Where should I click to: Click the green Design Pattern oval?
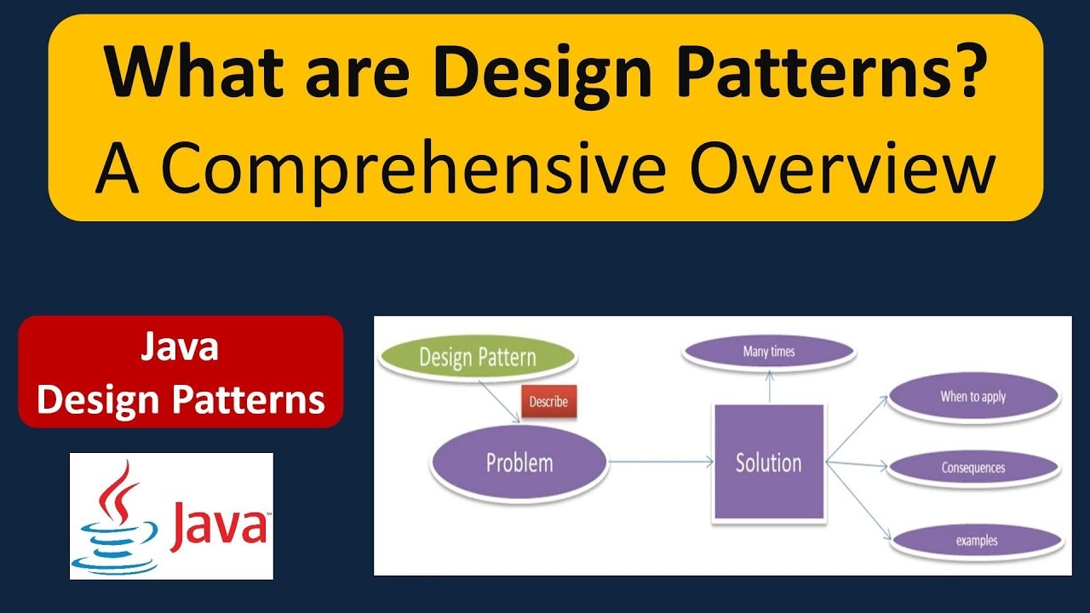coord(477,358)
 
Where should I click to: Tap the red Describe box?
coord(548,401)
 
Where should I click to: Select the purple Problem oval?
coord(519,462)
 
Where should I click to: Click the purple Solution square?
coord(768,462)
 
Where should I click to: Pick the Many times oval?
coord(769,352)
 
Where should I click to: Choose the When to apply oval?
coord(973,397)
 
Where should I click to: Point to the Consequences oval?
coord(973,467)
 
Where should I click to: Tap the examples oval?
coord(976,541)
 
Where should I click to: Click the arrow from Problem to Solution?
coord(660,462)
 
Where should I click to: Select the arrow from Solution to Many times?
coord(769,388)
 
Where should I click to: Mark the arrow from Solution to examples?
coord(858,502)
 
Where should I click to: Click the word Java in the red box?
coord(181,348)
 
